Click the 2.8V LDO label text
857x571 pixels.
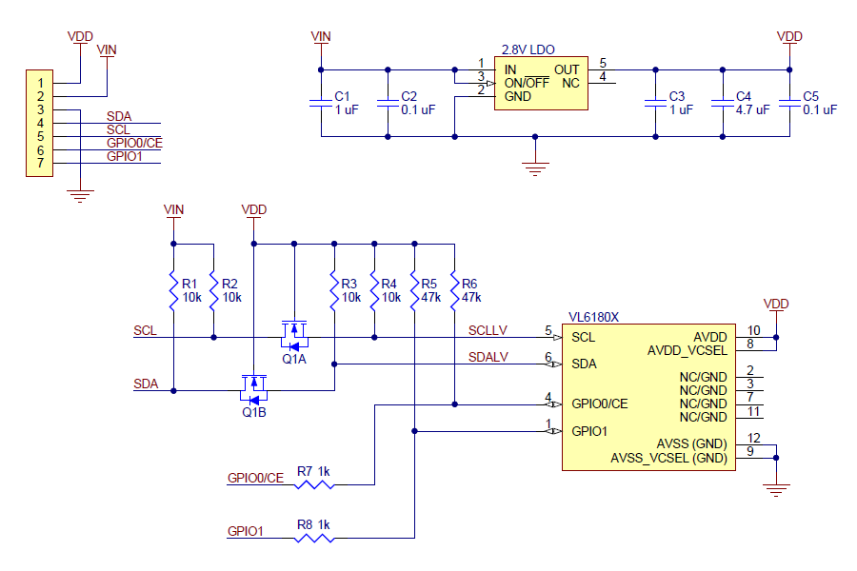(x=528, y=49)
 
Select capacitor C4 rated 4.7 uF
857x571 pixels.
(x=722, y=103)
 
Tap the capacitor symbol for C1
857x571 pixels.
(x=321, y=103)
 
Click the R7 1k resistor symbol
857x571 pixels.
(x=314, y=484)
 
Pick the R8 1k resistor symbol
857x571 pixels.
(x=314, y=538)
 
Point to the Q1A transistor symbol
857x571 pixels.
(x=294, y=334)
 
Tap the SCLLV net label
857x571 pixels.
(x=488, y=330)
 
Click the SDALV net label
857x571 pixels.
(x=488, y=357)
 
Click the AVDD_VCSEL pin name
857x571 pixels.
(x=688, y=350)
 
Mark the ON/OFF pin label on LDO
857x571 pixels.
(x=527, y=83)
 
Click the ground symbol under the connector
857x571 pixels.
(x=81, y=196)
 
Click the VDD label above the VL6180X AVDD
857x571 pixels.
(x=776, y=304)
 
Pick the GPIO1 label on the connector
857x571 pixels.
(x=124, y=156)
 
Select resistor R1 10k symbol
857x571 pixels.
(x=174, y=291)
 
